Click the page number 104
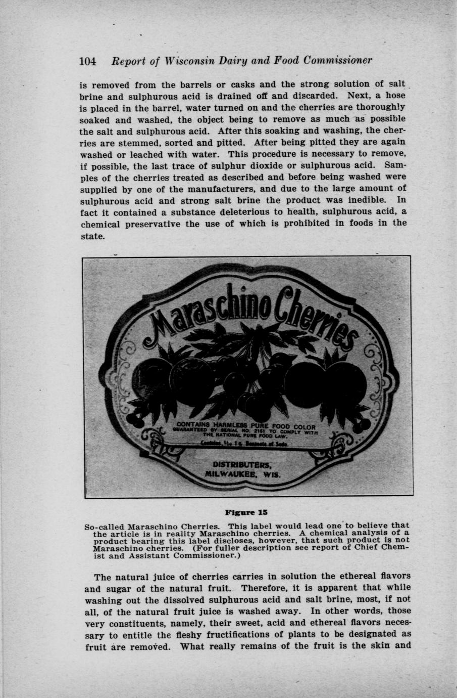pyautogui.click(x=87, y=61)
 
